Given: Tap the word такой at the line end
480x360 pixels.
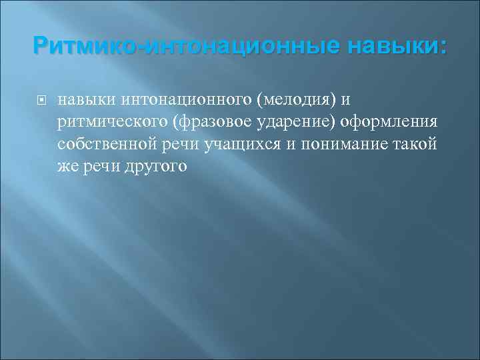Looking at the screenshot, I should pyautogui.click(x=416, y=145).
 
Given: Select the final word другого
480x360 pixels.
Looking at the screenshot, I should pyautogui.click(x=154, y=167).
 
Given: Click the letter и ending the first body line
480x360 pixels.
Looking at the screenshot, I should pyautogui.click(x=345, y=100).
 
